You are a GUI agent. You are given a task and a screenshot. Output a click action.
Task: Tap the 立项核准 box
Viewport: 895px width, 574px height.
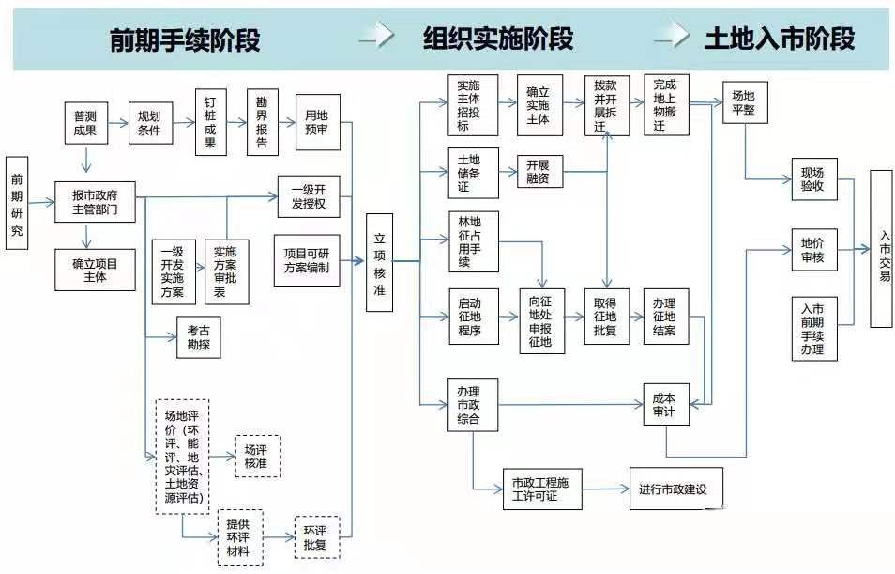(x=379, y=263)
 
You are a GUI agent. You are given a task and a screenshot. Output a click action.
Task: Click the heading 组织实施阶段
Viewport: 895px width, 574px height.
(x=497, y=39)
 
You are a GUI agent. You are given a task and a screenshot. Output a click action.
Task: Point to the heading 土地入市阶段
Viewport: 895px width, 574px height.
(x=779, y=39)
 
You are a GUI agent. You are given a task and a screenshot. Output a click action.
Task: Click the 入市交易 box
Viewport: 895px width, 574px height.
(x=881, y=248)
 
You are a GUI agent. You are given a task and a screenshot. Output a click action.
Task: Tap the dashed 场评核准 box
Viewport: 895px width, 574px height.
(x=256, y=456)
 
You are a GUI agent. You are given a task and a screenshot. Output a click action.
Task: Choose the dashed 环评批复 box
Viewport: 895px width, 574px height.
(x=316, y=536)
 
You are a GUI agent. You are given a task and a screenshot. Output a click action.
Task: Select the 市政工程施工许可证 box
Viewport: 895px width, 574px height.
(x=541, y=489)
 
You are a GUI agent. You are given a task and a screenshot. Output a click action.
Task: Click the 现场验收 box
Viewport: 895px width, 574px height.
(x=812, y=178)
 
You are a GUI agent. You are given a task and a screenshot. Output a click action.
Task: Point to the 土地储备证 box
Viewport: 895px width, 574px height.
(x=473, y=172)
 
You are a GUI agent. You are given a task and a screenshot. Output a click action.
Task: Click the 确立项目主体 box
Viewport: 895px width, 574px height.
(x=96, y=270)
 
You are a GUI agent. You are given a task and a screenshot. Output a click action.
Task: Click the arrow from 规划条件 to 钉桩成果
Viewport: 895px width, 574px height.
(x=182, y=123)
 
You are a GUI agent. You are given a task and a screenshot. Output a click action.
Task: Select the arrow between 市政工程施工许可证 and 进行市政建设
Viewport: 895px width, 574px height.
(x=605, y=489)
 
